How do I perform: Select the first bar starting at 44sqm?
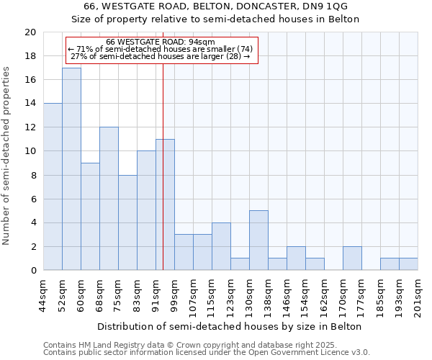[x=53, y=187]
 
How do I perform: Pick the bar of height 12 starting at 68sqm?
[x=109, y=199]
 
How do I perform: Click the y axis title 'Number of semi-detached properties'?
[x=7, y=156]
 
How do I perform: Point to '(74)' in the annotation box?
[x=241, y=49]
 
